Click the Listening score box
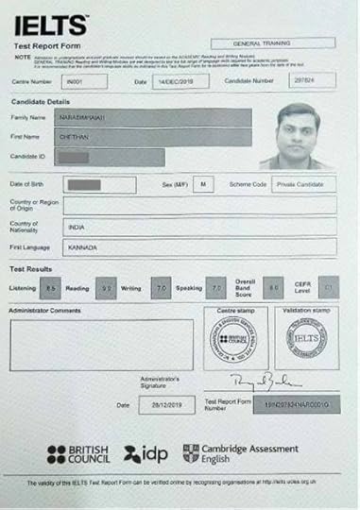[51, 286]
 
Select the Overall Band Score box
[274, 285]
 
